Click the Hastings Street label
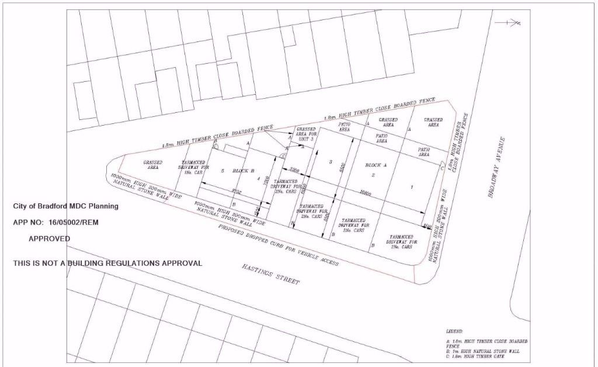(x=267, y=275)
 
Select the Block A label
(x=377, y=165)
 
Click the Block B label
(x=244, y=171)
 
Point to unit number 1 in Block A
(x=412, y=187)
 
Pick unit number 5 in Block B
(x=222, y=171)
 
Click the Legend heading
(x=454, y=331)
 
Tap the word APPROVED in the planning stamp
(x=49, y=239)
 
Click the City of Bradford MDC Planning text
(x=65, y=206)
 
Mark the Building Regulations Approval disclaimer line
(x=107, y=264)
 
